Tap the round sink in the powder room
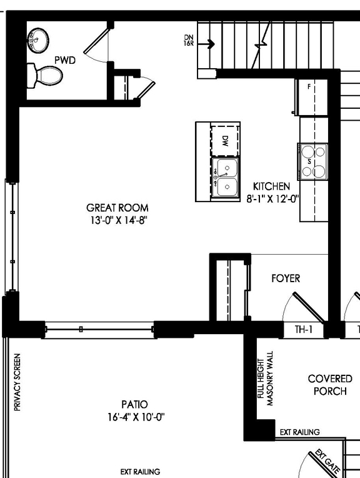[x=39, y=41]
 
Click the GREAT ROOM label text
[x=117, y=208]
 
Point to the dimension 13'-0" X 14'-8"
[x=117, y=220]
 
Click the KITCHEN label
[x=271, y=186]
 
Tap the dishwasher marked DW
[x=225, y=140]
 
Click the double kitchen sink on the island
[x=226, y=177]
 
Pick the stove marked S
[x=312, y=161]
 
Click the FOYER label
[x=286, y=278]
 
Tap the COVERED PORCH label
[x=330, y=385]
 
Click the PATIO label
[x=135, y=404]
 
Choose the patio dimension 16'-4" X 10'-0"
[x=135, y=417]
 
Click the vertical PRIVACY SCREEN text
[x=17, y=382]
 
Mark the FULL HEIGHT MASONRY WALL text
[x=266, y=378]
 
